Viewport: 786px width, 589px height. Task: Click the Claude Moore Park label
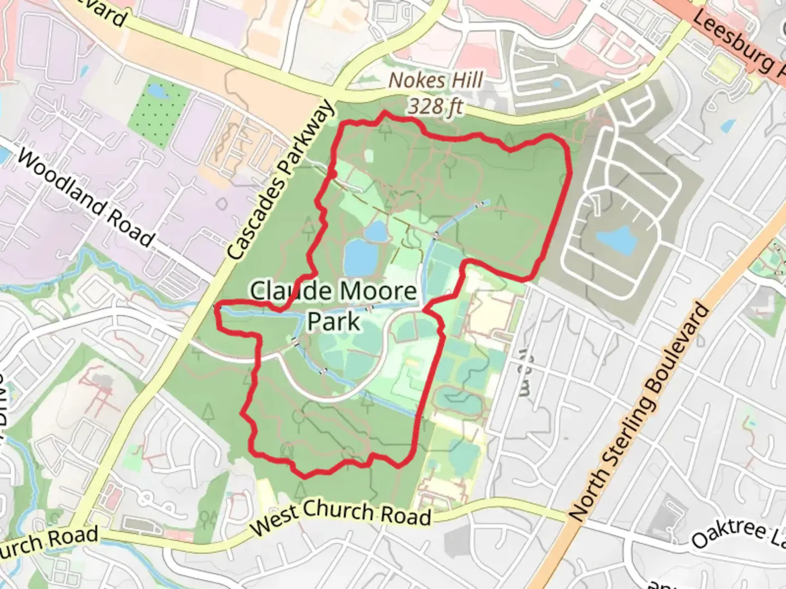pyautogui.click(x=333, y=305)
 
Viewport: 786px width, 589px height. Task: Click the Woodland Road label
pyautogui.click(x=86, y=197)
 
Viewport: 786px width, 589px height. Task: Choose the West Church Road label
pyautogui.click(x=341, y=516)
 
